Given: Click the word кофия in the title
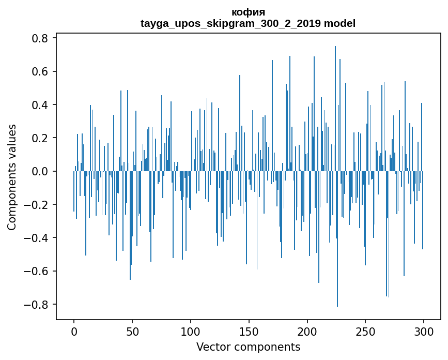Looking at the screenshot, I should [248, 12].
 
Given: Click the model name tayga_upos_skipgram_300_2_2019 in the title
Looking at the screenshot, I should [231, 23].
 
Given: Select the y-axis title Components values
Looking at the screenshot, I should [12, 177].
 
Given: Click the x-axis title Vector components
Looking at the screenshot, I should [248, 347].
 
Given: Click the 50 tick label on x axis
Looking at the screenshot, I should [132, 331].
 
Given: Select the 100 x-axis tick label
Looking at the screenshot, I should [191, 331].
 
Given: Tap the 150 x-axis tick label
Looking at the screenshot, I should [249, 331].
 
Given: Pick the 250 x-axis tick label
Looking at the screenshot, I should [365, 331].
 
